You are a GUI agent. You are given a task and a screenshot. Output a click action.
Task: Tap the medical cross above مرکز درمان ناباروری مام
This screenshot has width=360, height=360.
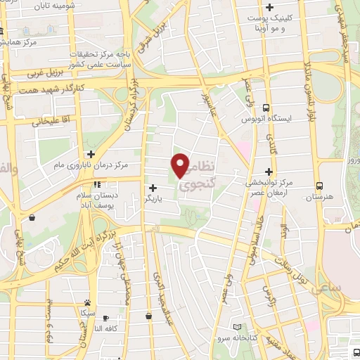tap(90, 154)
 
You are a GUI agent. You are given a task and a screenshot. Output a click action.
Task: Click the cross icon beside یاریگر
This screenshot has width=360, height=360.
tap(153, 188)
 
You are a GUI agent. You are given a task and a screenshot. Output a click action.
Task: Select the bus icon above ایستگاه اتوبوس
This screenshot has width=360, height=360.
tap(266, 108)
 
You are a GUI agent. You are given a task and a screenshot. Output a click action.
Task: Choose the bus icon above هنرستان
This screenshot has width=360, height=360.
tap(320, 186)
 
